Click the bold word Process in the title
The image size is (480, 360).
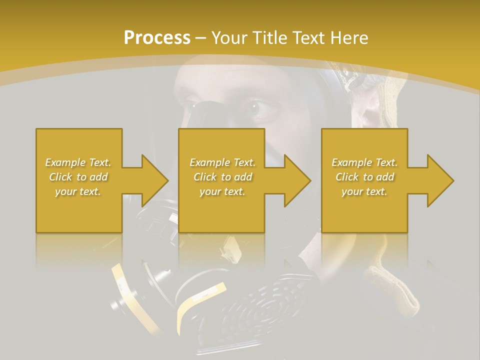[157, 37]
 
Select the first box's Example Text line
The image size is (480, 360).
[78, 162]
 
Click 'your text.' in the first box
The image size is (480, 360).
[78, 191]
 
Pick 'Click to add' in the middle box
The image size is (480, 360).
[222, 177]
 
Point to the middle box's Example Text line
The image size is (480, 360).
[222, 162]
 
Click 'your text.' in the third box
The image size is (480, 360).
[364, 191]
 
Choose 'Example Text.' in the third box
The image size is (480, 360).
[364, 162]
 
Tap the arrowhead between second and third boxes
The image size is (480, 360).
[297, 180]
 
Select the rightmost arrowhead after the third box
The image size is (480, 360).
[439, 180]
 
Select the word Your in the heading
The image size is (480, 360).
[229, 37]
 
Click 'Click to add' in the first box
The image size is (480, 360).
[78, 177]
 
